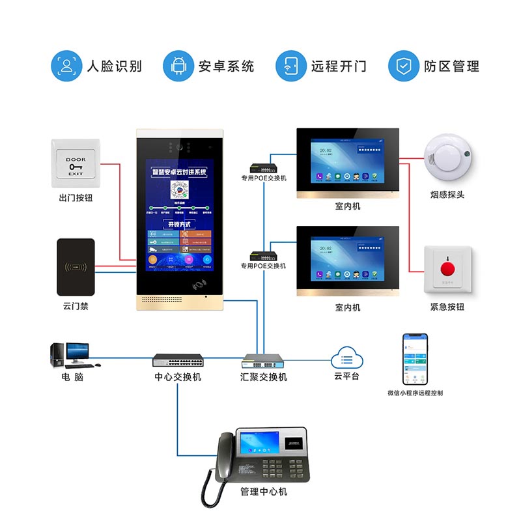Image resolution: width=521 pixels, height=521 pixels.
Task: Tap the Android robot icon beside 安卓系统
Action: click(178, 66)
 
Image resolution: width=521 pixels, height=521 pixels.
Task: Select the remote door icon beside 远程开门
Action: click(290, 66)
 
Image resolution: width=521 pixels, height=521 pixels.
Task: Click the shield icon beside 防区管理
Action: click(403, 66)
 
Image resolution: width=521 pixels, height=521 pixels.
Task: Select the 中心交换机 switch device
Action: click(178, 359)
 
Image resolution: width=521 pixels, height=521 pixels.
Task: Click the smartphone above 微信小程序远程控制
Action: click(415, 359)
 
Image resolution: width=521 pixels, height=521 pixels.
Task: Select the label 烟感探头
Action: click(447, 195)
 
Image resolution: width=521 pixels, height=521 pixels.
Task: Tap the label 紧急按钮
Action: click(447, 307)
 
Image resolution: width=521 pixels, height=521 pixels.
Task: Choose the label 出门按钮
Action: click(76, 197)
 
